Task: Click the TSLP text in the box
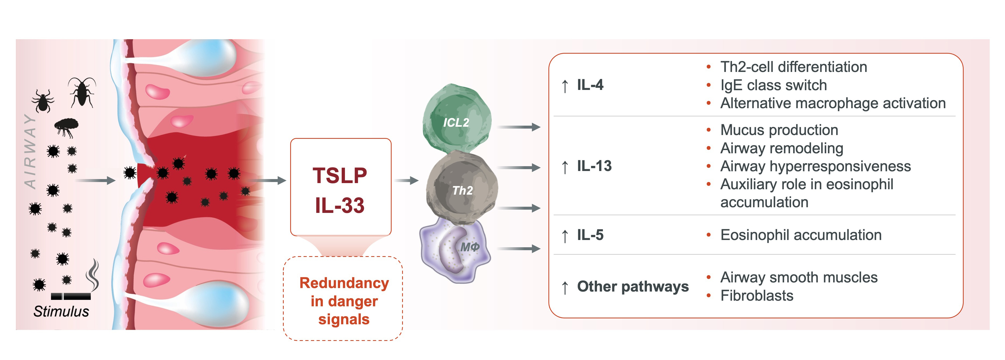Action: coord(340,176)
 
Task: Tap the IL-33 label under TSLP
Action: coord(340,206)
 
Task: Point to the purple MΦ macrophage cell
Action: coord(454,250)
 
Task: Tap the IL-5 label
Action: coord(590,235)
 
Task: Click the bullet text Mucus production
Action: coord(779,130)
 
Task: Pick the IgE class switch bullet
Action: coord(773,85)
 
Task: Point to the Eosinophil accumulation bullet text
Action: coord(800,235)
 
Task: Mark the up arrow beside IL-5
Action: coord(565,236)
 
